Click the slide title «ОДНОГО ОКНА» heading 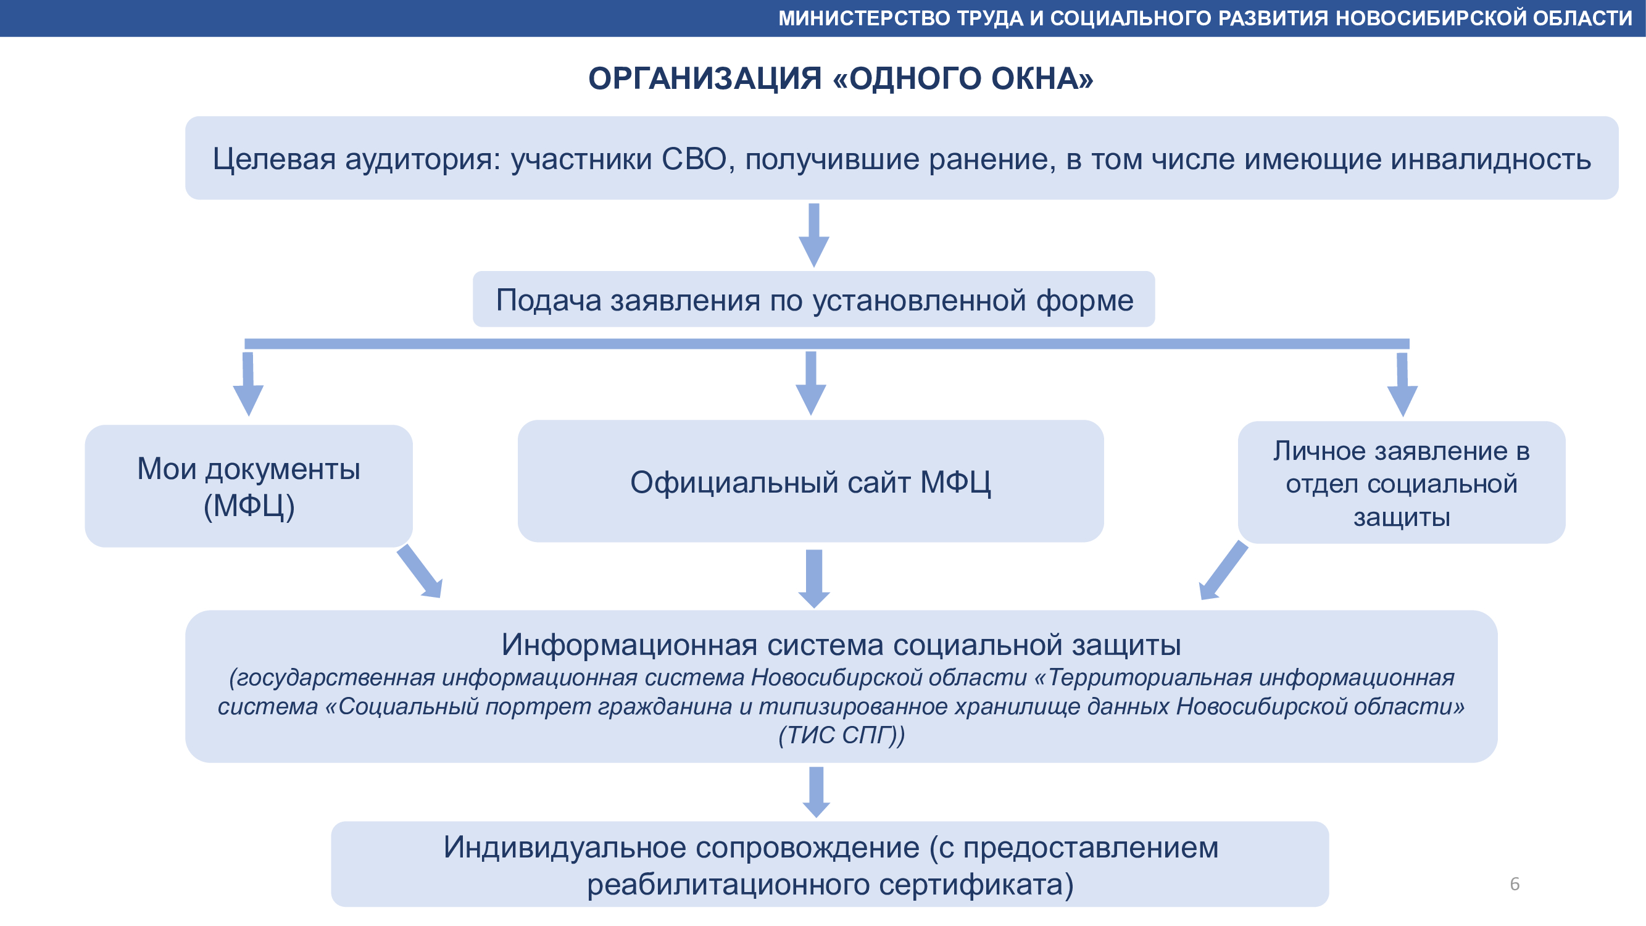click(x=840, y=78)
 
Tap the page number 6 click(x=1515, y=884)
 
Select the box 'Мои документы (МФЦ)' click(x=249, y=486)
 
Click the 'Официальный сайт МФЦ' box click(x=810, y=482)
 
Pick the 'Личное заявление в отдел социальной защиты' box click(x=1401, y=483)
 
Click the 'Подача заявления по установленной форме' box click(x=813, y=300)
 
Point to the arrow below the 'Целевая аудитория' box click(x=814, y=235)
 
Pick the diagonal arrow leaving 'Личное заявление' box click(x=1223, y=570)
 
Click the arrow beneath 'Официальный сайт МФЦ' click(x=814, y=578)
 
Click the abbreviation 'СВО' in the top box click(x=694, y=159)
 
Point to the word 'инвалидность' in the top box click(x=1490, y=159)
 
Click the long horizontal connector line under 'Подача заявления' click(x=826, y=344)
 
